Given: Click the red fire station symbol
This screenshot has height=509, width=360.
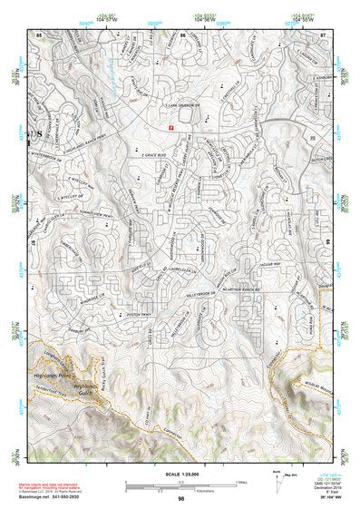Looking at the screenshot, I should [x=168, y=129].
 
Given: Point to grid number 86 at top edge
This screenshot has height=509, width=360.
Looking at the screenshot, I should [x=182, y=34].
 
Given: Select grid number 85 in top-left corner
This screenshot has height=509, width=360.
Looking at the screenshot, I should [x=39, y=34].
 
